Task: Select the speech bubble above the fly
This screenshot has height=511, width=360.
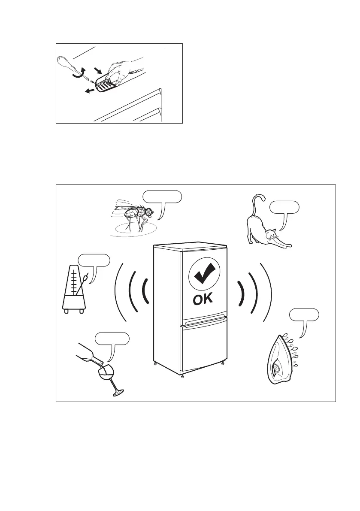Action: [162, 197]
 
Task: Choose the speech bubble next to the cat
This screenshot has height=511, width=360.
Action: [284, 208]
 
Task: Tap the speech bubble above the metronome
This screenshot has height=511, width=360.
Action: [94, 260]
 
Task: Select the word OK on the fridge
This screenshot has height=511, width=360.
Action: [203, 299]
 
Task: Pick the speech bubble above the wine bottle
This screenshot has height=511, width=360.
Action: [112, 338]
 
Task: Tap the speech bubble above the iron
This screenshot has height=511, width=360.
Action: [304, 314]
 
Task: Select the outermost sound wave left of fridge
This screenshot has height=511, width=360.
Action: [118, 296]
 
